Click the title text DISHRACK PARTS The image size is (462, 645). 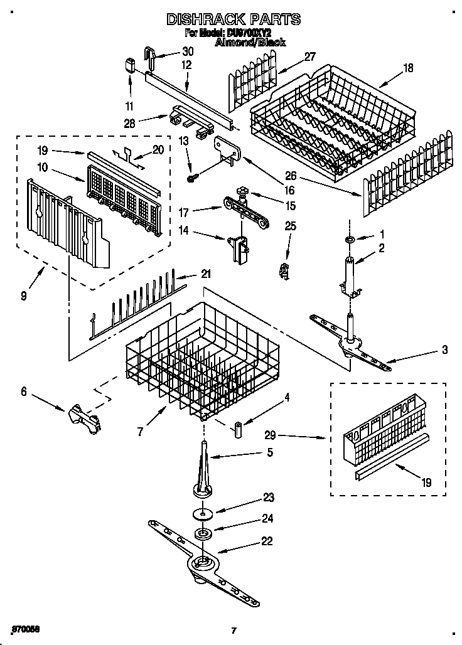[x=233, y=19]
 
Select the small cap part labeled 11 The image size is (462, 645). [x=130, y=65]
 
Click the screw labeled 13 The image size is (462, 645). [x=193, y=179]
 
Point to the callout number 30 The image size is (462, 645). [x=188, y=51]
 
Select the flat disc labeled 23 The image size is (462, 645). [x=202, y=514]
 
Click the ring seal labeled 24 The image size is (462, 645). [x=203, y=535]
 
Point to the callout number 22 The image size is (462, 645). [x=267, y=541]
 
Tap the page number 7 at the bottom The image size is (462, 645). [x=233, y=630]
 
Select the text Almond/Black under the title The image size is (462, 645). [x=250, y=43]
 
